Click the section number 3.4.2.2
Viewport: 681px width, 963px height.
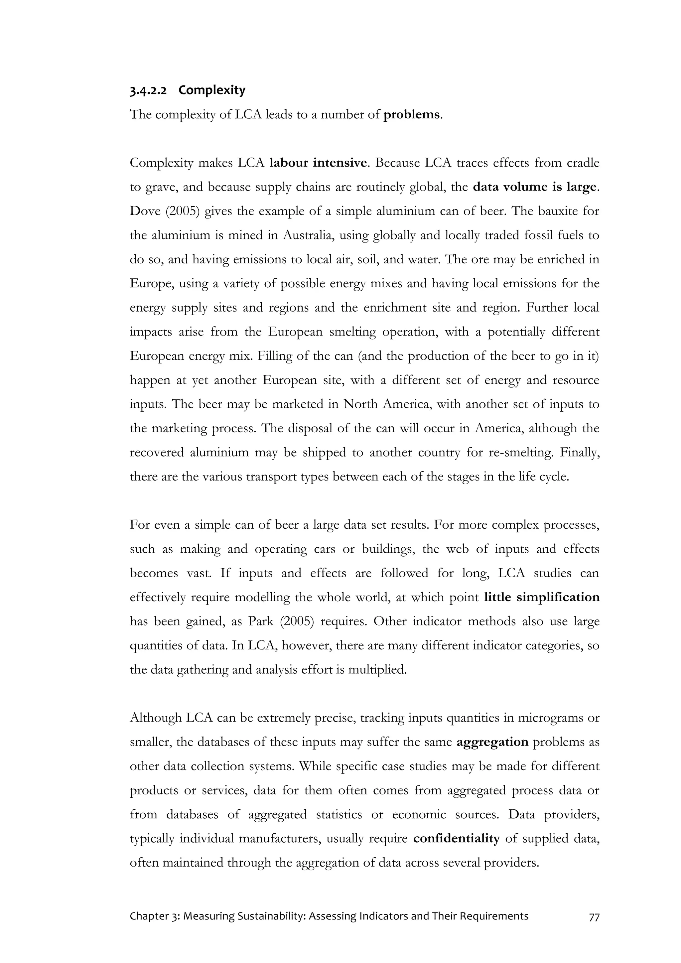(148, 90)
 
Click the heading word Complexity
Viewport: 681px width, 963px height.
(212, 90)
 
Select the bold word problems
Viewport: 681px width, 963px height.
(411, 114)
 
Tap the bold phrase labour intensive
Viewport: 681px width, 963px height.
(318, 163)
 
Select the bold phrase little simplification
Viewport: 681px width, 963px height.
(541, 597)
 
